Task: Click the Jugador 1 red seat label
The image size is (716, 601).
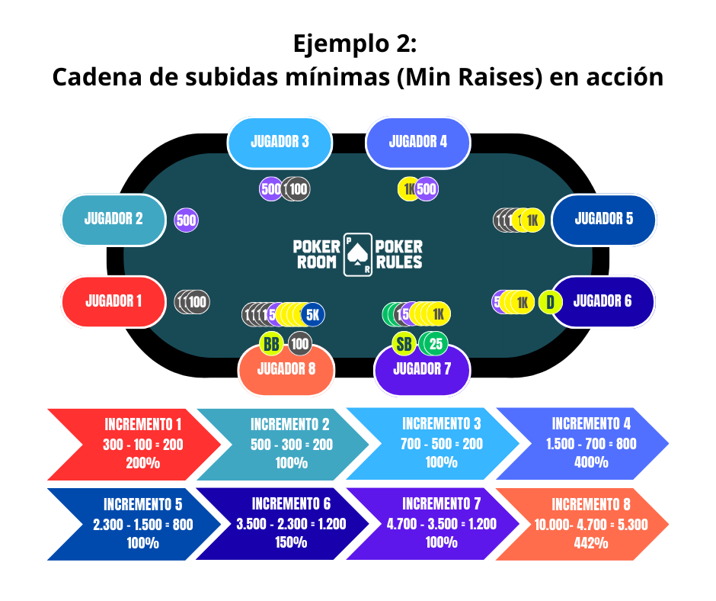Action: [113, 301]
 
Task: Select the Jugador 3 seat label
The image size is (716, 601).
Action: [280, 142]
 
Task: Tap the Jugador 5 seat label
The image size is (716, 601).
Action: [603, 219]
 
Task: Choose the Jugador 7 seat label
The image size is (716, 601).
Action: [422, 370]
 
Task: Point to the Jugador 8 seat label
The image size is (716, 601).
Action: [286, 370]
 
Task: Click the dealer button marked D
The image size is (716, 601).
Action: [550, 302]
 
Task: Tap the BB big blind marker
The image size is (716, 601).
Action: [271, 344]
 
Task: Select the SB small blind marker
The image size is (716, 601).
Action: [404, 344]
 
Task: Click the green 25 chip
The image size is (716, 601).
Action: [436, 344]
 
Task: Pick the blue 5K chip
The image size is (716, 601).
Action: [312, 313]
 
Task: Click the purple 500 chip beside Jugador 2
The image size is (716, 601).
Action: [187, 220]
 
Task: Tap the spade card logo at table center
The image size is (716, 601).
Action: [358, 254]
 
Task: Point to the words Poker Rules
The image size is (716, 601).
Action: [399, 254]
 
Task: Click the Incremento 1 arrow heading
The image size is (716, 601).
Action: [143, 424]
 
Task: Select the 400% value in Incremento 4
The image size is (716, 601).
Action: [591, 462]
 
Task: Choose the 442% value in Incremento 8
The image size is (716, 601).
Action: [591, 543]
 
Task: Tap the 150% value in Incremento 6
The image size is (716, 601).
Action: [291, 542]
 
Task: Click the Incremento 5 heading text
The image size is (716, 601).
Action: [143, 504]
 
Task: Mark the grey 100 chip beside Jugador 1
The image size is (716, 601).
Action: [197, 301]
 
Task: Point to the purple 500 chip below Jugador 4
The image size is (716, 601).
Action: [427, 189]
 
